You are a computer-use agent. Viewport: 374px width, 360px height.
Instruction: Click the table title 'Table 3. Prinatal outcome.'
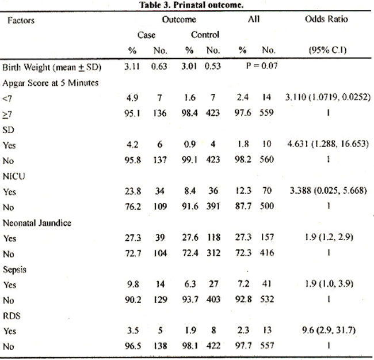pos(191,5)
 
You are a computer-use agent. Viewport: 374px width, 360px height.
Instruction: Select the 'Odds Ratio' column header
pos(326,19)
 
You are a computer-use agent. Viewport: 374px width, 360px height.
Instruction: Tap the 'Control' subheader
pos(205,35)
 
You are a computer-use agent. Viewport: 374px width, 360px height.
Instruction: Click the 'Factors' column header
pos(21,20)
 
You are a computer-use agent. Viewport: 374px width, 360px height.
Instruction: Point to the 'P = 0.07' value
pos(262,66)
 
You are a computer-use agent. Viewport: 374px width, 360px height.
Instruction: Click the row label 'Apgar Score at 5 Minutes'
pos(50,83)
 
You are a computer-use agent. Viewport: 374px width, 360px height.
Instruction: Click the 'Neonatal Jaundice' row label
pos(37,223)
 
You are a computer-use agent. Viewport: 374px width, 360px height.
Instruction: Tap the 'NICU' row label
pos(14,176)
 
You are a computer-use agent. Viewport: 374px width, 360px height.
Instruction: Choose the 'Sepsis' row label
pos(14,270)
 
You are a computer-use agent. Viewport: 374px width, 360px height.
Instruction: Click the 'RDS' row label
pos(12,316)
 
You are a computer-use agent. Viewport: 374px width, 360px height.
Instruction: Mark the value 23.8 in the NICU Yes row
pos(133,191)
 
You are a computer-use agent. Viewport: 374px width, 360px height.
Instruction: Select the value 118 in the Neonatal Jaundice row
pos(213,237)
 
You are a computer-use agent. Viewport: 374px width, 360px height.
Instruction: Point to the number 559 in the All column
pos(266,112)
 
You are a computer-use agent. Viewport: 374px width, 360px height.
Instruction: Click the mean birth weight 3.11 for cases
pos(132,66)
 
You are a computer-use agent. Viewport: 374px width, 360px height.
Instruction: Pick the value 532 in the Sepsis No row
pos(266,299)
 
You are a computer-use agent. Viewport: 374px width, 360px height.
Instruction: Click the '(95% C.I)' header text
pos(327,50)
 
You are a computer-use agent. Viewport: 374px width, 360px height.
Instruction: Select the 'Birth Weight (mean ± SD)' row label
pos(52,67)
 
